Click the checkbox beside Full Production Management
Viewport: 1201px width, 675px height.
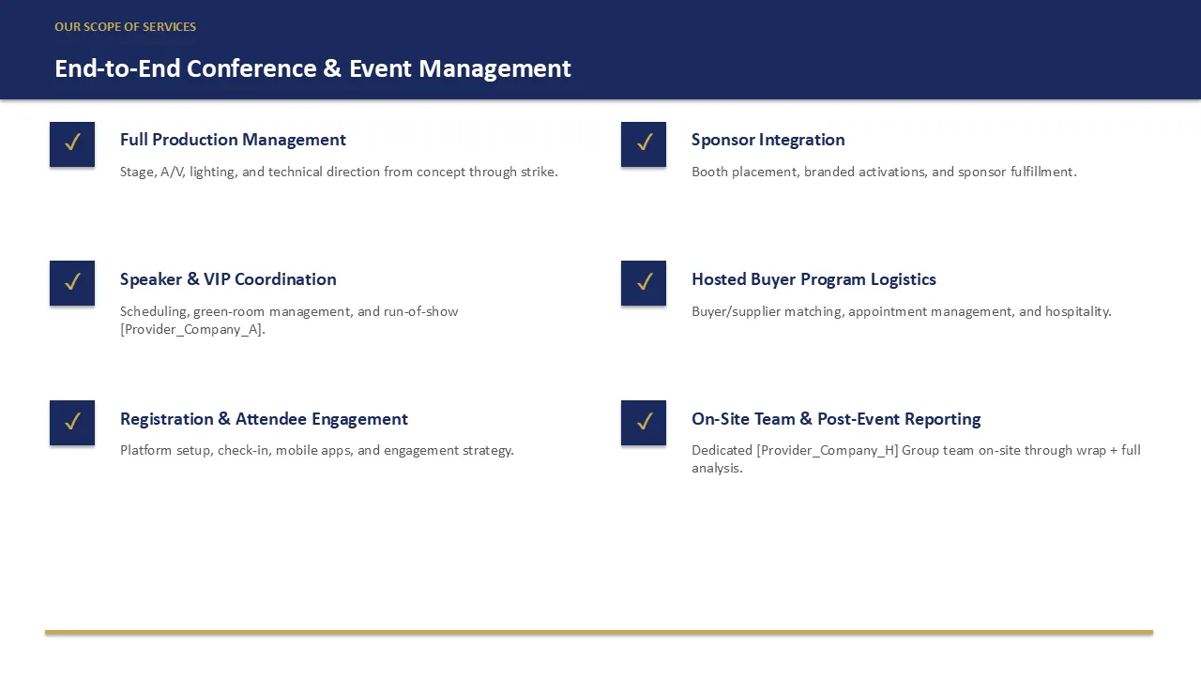(72, 144)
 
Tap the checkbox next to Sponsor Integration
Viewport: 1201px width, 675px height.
(644, 144)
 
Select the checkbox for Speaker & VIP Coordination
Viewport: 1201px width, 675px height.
(72, 283)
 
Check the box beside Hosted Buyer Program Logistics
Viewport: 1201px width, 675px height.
(644, 283)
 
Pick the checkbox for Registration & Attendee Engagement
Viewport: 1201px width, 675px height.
(72, 423)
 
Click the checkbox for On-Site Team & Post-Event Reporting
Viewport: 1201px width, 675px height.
(644, 423)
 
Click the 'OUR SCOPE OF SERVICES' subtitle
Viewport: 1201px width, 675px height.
(126, 27)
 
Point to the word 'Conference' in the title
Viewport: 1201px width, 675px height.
(251, 68)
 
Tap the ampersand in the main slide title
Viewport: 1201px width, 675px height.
(332, 68)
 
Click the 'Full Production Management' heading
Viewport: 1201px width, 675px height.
(233, 140)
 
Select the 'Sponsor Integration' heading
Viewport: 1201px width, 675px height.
(768, 140)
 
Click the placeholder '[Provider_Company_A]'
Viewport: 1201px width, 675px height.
(192, 329)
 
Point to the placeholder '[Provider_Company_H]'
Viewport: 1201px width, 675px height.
(828, 450)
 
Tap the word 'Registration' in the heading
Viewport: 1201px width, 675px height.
(167, 419)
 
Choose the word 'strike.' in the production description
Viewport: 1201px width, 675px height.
(540, 172)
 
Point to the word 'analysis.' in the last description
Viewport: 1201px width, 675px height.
(717, 468)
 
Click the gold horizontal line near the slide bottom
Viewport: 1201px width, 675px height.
(599, 633)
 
